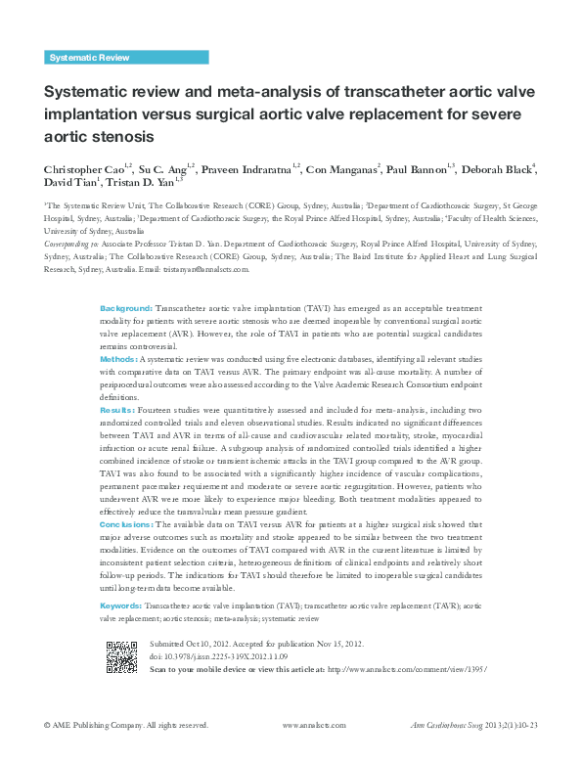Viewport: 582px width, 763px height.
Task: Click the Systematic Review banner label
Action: (89, 58)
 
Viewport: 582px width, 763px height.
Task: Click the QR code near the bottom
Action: (121, 657)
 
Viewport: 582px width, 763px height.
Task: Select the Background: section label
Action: (126, 308)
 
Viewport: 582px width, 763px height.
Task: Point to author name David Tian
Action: (66, 183)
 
